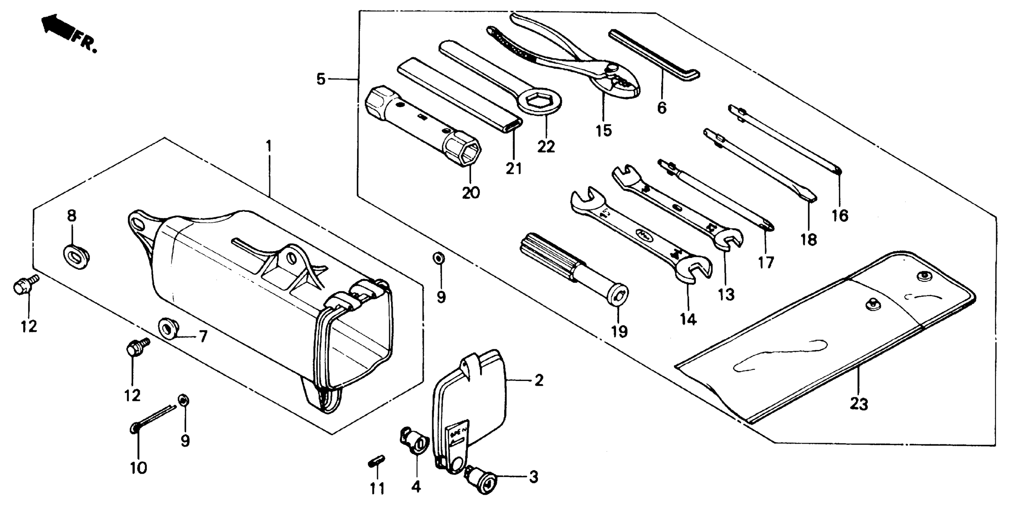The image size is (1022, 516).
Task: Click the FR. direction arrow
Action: tap(59, 28)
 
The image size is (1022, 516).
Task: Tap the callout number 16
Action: tap(840, 216)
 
